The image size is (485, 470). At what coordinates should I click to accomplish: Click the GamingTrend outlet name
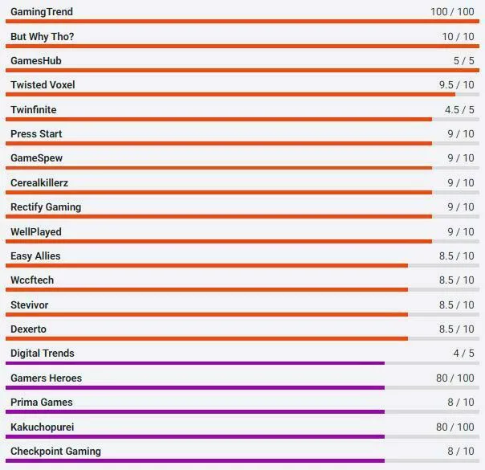pos(41,12)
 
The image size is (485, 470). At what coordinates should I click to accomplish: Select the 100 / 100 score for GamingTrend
pos(451,12)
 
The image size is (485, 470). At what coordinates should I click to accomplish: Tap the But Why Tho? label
pos(43,37)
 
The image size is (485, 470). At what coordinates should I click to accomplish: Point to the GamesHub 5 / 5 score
pos(463,61)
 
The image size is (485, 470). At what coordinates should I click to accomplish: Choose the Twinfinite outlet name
pos(34,110)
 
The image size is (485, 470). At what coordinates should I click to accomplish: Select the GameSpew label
pos(36,158)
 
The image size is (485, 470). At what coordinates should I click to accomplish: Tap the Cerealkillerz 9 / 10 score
pos(460,183)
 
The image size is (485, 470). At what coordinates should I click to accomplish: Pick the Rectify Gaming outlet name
pos(46,207)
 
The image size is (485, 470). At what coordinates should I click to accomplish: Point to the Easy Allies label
pos(35,256)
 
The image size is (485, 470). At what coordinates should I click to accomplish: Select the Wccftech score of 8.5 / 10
pos(456,280)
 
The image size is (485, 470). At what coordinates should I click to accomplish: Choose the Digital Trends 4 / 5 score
pos(463,354)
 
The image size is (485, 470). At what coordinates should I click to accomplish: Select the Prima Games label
pos(42,403)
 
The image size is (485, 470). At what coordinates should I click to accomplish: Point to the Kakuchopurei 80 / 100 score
pos(454,427)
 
